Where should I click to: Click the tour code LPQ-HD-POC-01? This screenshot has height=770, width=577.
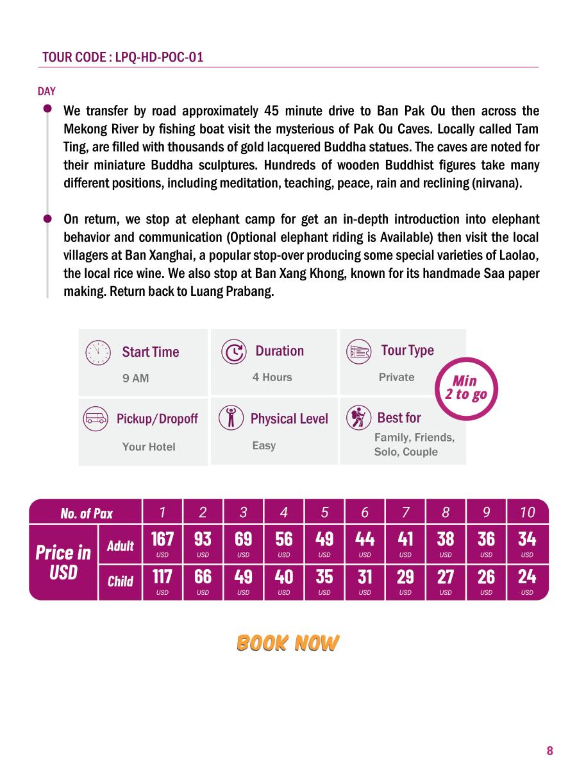(159, 57)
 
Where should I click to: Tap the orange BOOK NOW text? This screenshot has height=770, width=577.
(288, 643)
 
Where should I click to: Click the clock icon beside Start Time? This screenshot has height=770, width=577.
(97, 352)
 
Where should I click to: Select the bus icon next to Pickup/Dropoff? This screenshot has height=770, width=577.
(96, 419)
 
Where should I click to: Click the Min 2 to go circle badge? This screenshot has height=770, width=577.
(465, 388)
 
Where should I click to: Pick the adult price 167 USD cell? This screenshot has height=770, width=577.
(162, 543)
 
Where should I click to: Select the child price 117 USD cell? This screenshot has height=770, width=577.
(162, 581)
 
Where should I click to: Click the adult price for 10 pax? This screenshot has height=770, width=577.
(527, 543)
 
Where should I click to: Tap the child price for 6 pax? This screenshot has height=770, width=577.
(365, 581)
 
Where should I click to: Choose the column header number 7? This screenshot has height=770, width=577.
(405, 512)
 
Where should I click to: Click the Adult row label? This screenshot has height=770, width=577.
(121, 546)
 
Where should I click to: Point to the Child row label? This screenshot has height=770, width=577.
(121, 581)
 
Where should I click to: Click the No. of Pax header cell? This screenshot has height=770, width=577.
(87, 513)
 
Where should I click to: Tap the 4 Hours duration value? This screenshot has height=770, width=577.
(272, 377)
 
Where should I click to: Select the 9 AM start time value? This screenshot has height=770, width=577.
(135, 379)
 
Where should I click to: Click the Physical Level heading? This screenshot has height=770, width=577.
(289, 419)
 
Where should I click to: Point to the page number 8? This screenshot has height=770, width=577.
(549, 751)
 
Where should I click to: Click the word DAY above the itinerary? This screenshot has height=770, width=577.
(47, 91)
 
